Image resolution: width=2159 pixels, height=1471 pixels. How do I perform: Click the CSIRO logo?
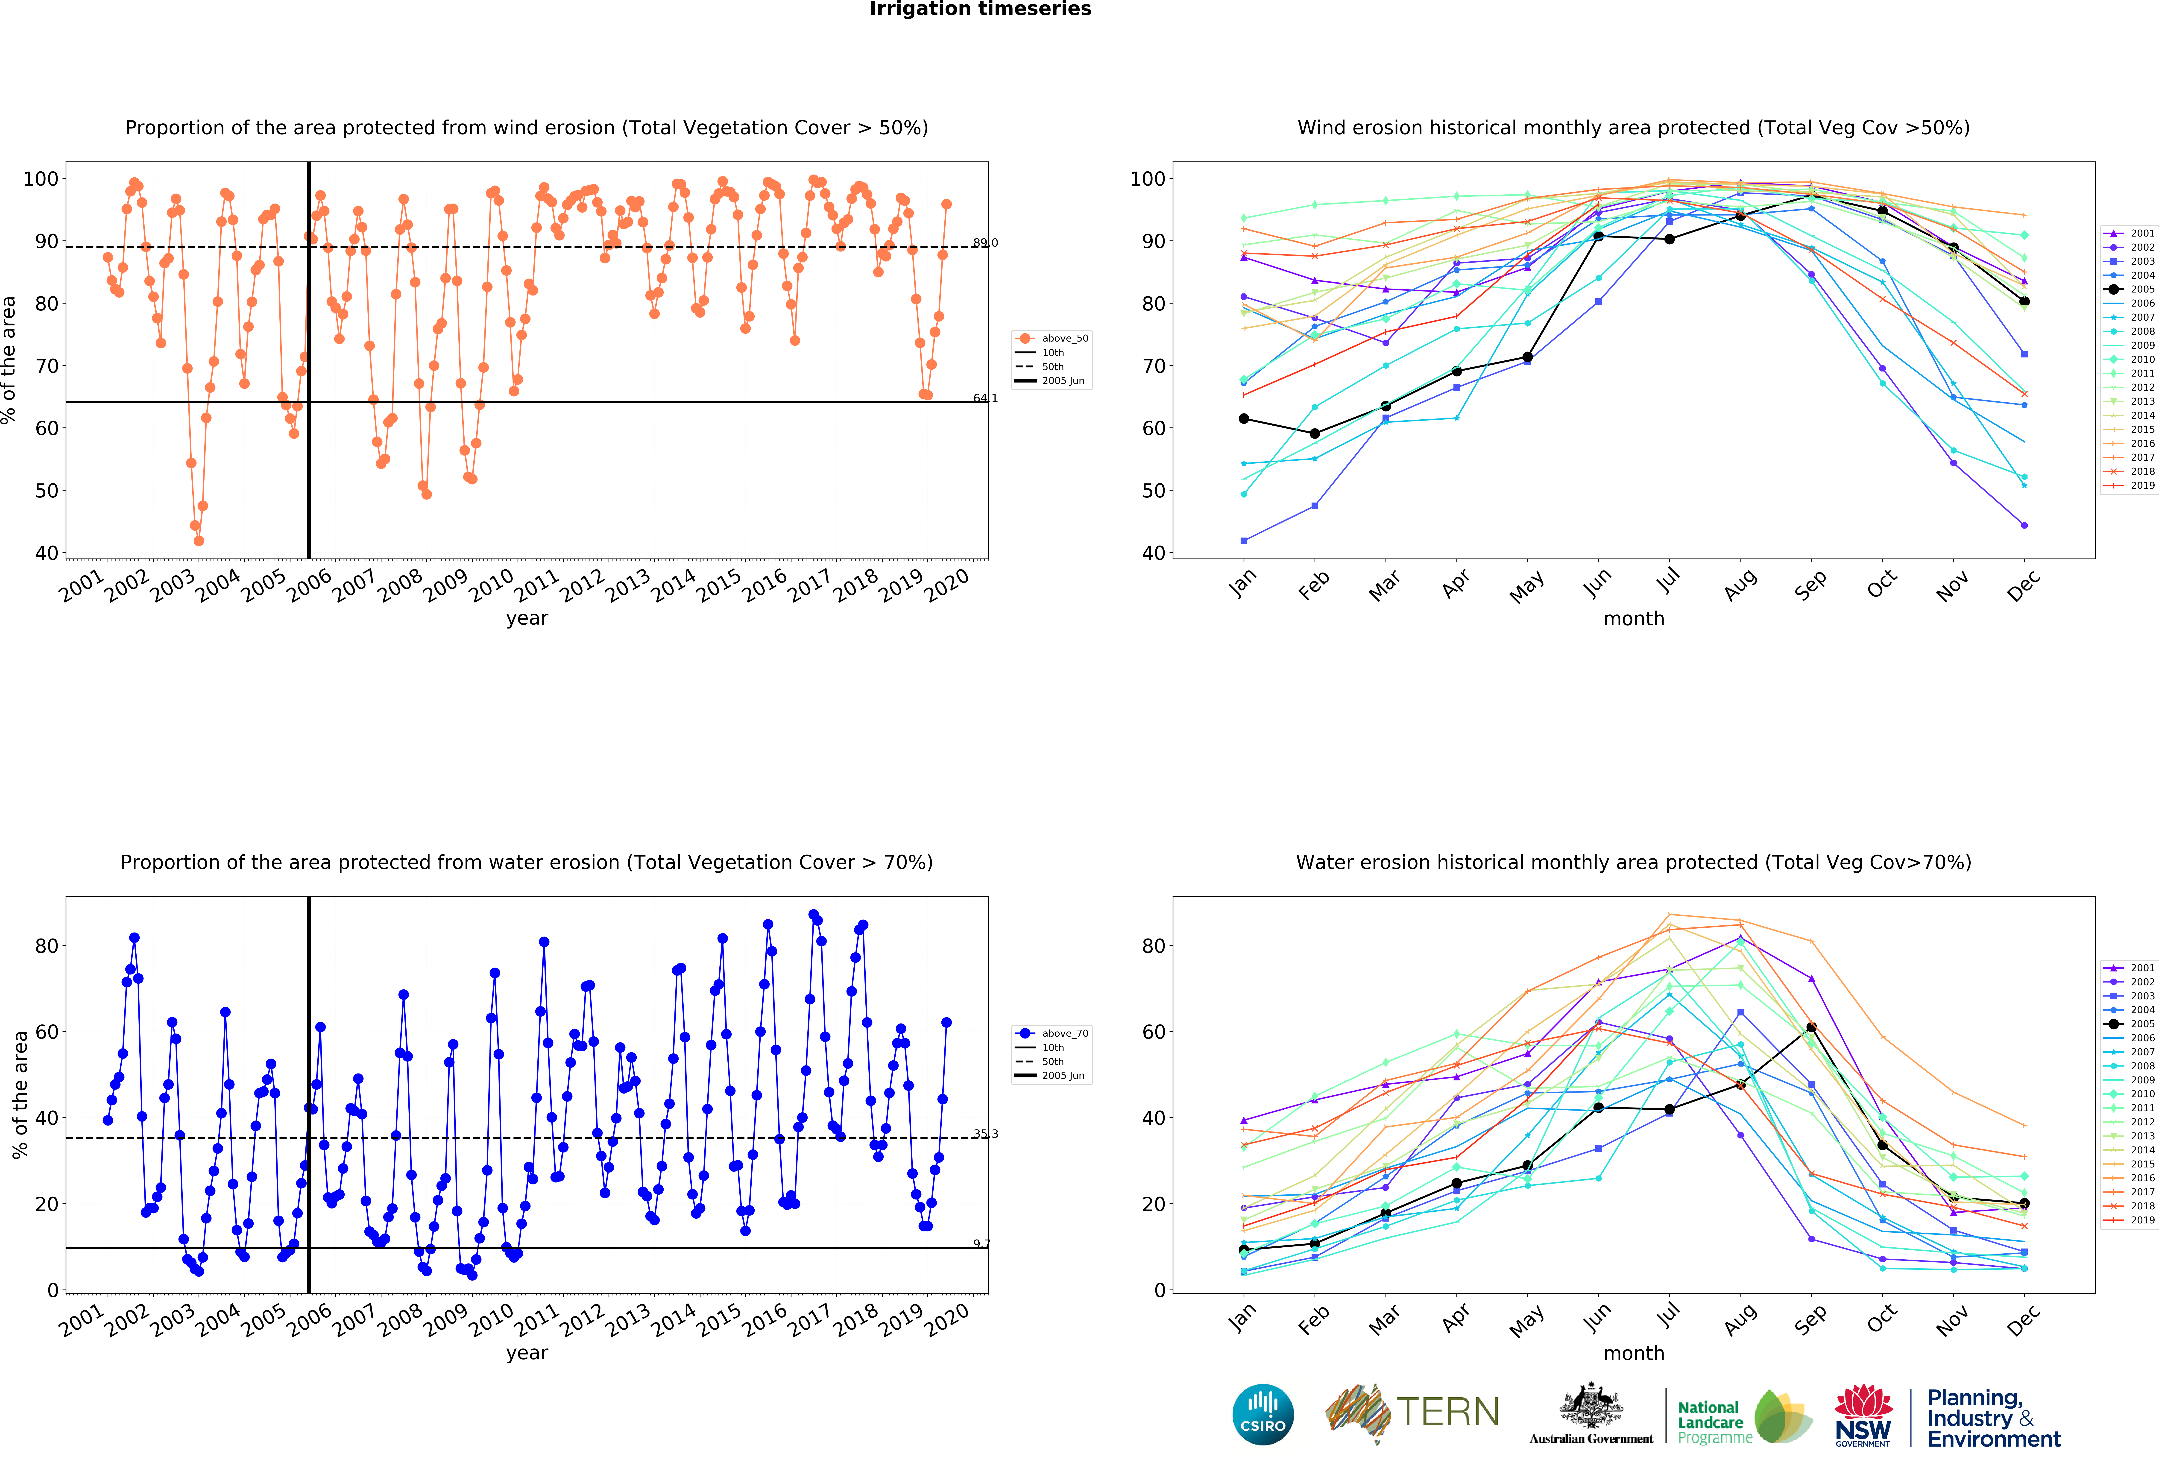pyautogui.click(x=1263, y=1414)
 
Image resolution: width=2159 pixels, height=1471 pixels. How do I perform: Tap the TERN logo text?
pyautogui.click(x=1447, y=1413)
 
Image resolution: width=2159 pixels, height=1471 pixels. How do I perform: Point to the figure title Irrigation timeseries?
pyautogui.click(x=980, y=9)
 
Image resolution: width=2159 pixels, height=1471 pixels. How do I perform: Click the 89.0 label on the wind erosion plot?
pyautogui.click(x=985, y=243)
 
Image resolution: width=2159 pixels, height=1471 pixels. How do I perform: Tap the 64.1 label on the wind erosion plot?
pyautogui.click(x=985, y=398)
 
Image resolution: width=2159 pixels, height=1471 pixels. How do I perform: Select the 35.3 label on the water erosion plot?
pyautogui.click(x=985, y=1134)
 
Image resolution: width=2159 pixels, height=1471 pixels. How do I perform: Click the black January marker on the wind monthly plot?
pyautogui.click(x=1244, y=419)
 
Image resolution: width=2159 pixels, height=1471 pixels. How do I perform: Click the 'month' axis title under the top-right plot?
pyautogui.click(x=1633, y=618)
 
